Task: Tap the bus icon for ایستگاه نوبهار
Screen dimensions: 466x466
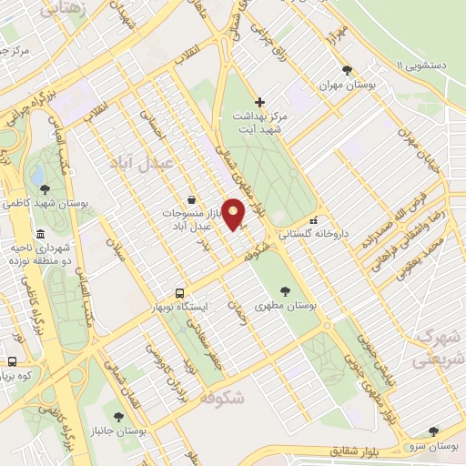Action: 180,293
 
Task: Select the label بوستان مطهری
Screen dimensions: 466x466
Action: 286,308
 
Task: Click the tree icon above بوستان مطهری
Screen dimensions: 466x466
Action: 286,292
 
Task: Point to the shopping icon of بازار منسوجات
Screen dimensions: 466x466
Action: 190,199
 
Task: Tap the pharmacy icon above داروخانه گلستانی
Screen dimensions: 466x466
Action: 314,219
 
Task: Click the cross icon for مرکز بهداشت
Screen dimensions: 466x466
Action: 260,102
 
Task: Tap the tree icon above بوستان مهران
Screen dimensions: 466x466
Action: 346,69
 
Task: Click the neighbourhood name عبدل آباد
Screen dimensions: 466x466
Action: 136,161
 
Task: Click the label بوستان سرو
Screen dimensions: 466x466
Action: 431,444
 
